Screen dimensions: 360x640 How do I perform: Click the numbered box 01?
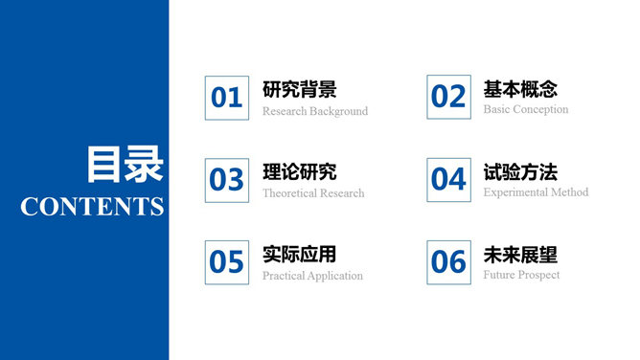tap(227, 98)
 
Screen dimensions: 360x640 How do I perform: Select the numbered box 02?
tap(448, 97)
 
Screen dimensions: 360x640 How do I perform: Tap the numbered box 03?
tap(227, 179)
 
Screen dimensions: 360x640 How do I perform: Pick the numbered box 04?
tap(448, 179)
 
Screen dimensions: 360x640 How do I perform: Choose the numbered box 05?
tap(227, 261)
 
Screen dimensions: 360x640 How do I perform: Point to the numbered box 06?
tap(448, 261)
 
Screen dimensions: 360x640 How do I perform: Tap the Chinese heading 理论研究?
tap(299, 173)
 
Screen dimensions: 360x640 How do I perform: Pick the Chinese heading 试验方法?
tap(520, 173)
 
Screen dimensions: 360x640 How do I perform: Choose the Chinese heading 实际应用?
tap(299, 256)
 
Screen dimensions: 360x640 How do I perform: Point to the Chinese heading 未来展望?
tap(520, 256)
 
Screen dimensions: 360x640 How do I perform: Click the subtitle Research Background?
tap(315, 111)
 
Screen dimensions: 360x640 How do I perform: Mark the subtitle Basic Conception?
tap(526, 110)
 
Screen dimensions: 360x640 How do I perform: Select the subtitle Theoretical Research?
tap(313, 193)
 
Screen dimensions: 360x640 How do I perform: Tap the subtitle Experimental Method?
tap(536, 192)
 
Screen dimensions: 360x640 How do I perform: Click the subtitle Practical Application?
tap(312, 276)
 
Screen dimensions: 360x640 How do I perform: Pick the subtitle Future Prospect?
tap(521, 275)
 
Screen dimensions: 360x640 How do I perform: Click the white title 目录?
tap(125, 165)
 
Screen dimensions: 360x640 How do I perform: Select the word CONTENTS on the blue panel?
tap(92, 206)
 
